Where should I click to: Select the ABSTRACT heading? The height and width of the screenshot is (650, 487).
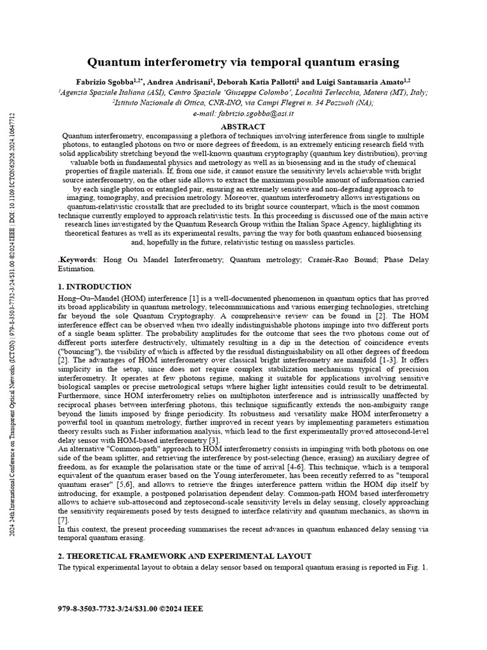[x=243, y=127]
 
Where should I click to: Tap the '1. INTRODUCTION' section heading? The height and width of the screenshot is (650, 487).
[x=94, y=287]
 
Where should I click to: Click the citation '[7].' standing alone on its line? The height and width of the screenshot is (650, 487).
[x=63, y=520]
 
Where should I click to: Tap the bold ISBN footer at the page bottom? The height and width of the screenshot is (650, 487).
[x=131, y=608]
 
